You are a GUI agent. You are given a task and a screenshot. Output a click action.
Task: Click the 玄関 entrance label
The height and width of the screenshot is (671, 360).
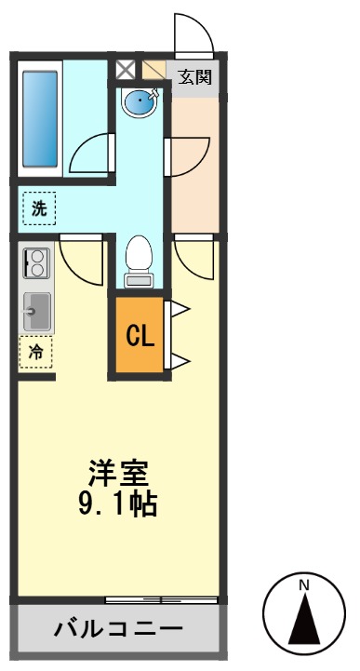[195, 76]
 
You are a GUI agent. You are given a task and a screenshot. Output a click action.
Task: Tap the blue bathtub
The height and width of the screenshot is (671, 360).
[41, 116]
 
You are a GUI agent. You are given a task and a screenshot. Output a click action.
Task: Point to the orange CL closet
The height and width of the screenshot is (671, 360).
[140, 336]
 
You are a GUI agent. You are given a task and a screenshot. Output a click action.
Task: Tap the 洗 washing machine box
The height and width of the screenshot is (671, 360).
[38, 208]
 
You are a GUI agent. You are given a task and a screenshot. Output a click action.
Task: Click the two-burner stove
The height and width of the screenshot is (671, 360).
[36, 263]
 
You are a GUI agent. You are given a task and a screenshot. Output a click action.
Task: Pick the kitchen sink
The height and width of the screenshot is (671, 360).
[36, 310]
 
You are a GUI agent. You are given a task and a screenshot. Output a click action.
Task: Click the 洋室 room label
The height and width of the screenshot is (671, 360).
[119, 473]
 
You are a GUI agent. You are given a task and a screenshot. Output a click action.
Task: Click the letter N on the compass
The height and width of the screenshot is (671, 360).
[303, 584]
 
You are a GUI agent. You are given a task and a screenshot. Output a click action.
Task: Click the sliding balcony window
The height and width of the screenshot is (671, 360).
[162, 597]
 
